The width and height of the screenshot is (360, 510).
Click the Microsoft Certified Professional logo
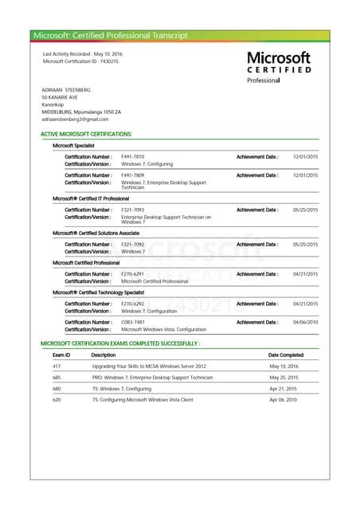[278, 67]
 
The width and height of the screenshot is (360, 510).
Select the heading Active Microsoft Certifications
[86, 134]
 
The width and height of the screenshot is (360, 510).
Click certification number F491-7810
[132, 156]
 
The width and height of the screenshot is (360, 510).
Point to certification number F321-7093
[132, 210]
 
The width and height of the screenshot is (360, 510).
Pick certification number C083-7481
[132, 321]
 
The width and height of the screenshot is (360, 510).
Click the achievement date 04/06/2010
[305, 321]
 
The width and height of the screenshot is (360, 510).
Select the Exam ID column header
[61, 355]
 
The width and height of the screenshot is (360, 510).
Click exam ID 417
[57, 366]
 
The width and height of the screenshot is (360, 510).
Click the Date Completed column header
[286, 355]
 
